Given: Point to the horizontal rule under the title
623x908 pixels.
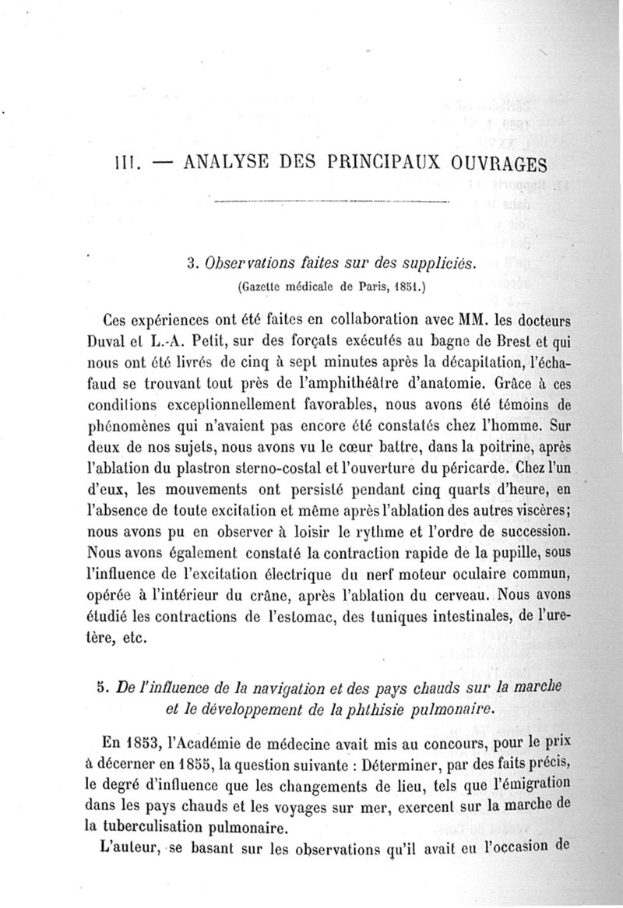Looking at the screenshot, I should pos(330,202).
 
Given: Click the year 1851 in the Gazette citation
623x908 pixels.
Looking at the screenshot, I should pos(404,287).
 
